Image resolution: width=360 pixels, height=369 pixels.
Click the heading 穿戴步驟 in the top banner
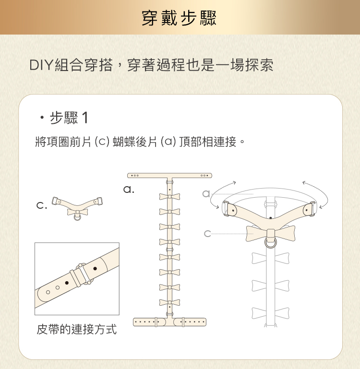click(x=180, y=18)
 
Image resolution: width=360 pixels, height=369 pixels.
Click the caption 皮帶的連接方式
click(x=76, y=330)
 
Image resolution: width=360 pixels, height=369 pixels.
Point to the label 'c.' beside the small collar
click(x=42, y=206)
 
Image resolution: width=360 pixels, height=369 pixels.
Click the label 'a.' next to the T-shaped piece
click(x=128, y=190)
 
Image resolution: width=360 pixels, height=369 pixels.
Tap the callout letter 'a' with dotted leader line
click(x=206, y=194)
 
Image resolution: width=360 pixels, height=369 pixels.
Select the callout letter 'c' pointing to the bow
click(x=207, y=234)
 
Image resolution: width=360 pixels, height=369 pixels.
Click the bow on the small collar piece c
click(x=77, y=212)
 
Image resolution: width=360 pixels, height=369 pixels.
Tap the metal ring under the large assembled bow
click(x=271, y=243)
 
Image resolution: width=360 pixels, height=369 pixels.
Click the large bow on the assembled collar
click(x=270, y=233)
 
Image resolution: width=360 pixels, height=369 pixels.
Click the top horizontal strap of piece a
click(x=169, y=176)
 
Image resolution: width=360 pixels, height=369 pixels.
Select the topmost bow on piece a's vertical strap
click(x=169, y=197)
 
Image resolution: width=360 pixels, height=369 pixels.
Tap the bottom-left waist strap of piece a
click(x=149, y=321)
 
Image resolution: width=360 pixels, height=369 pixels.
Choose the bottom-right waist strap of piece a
click(x=190, y=321)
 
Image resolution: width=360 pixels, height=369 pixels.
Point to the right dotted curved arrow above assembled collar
click(x=318, y=191)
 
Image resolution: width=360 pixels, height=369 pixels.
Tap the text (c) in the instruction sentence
click(x=102, y=142)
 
